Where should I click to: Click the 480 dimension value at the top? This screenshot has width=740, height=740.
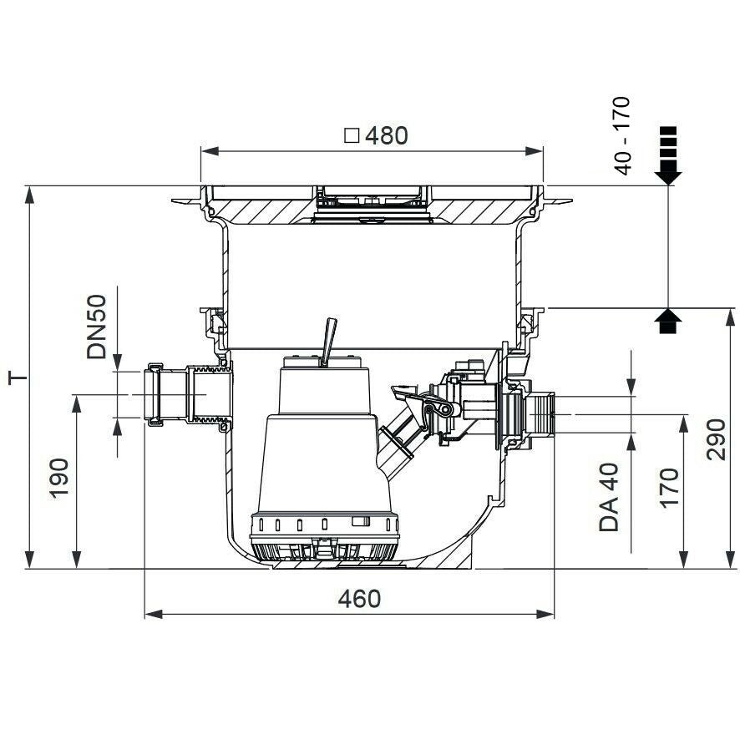(387, 135)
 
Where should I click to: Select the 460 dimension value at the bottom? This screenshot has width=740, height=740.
(359, 599)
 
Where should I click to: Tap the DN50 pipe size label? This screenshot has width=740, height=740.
(97, 327)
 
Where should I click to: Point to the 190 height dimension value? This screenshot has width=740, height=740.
(59, 478)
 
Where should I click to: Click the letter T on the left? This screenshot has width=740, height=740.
(18, 378)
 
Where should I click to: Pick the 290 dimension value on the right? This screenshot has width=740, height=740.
(716, 439)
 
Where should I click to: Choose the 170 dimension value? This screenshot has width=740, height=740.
(669, 488)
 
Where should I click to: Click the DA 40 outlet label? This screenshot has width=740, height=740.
(609, 497)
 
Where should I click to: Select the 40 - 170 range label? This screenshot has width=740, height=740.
(623, 135)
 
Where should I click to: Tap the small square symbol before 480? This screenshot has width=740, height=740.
(352, 136)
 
